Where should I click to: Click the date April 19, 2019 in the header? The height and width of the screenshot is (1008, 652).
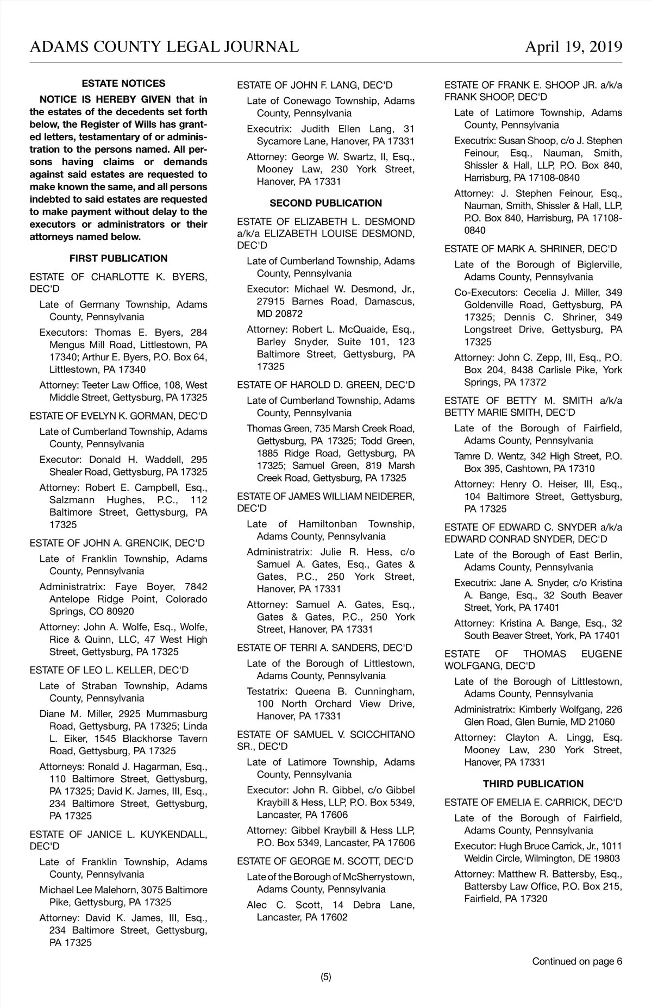click(573, 47)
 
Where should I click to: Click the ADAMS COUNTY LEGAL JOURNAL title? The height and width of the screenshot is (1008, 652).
click(164, 47)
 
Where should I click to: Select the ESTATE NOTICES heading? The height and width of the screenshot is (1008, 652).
click(123, 84)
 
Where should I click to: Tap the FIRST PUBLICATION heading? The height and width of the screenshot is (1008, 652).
click(118, 258)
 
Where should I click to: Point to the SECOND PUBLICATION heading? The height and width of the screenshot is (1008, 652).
click(325, 203)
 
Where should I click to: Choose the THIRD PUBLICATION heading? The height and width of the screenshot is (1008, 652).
click(533, 784)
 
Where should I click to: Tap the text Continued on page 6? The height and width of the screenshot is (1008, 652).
click(577, 961)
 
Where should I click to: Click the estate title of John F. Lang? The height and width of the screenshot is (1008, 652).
click(315, 85)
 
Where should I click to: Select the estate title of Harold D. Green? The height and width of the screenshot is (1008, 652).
click(325, 385)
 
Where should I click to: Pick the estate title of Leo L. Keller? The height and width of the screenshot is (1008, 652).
click(109, 670)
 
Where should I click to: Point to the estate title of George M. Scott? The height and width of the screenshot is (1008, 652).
click(325, 861)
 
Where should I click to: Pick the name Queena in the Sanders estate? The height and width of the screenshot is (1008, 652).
click(312, 692)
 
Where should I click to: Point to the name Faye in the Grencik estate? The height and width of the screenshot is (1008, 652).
click(127, 587)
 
